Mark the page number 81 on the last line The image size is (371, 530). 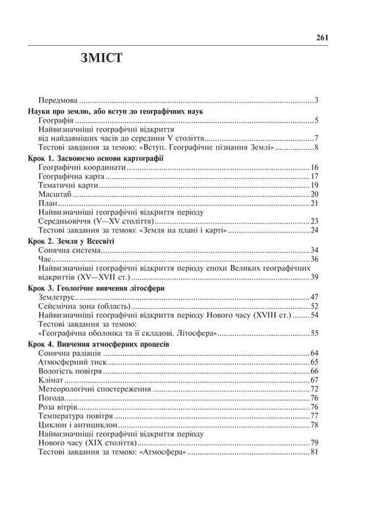click(x=314, y=452)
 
